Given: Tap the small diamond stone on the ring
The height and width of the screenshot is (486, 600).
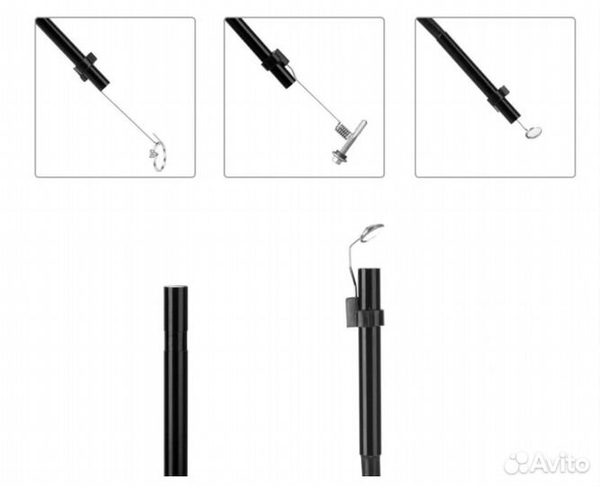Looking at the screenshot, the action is tap(153, 154).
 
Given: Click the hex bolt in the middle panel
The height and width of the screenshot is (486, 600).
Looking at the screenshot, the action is tap(339, 157).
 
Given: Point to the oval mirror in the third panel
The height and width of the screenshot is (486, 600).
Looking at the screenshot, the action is tap(533, 132).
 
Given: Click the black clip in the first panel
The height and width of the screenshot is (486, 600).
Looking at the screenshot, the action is tap(85, 67).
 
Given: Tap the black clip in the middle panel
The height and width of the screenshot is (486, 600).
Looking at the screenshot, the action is tap(274, 60).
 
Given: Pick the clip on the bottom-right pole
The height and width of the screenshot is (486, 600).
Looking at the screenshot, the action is tap(363, 313).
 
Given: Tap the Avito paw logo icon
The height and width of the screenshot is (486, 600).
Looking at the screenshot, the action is tap(516, 463).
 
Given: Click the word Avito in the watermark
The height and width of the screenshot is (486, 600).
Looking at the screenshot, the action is tap(560, 463).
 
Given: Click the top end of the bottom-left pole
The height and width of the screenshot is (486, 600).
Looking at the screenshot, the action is tap(176, 288).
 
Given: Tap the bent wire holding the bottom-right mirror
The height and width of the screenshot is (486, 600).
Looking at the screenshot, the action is tap(352, 265).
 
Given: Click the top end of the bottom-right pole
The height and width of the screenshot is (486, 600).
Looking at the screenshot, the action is tap(370, 270).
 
